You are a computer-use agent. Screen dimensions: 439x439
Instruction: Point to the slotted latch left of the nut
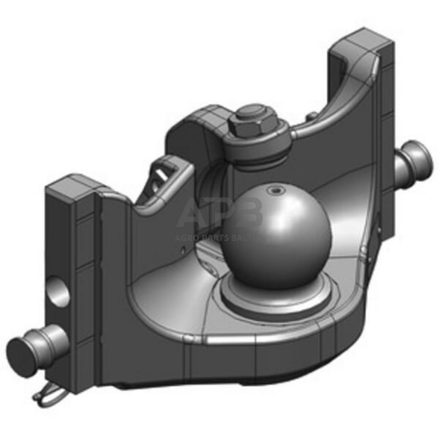pos(167,172)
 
